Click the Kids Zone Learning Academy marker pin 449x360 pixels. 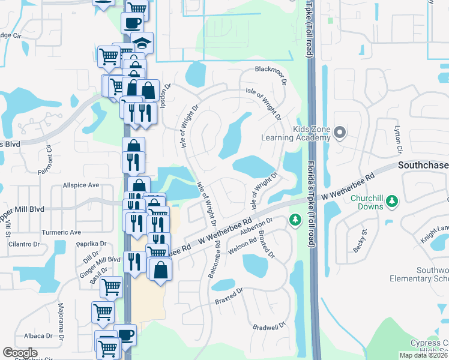[340, 131]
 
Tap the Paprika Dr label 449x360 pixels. [91, 244]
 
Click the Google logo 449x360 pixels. [20, 353]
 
